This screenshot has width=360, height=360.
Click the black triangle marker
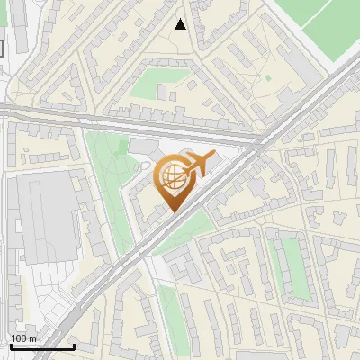181,24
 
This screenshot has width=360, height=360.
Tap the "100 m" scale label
24,338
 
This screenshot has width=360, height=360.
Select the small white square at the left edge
2,47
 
